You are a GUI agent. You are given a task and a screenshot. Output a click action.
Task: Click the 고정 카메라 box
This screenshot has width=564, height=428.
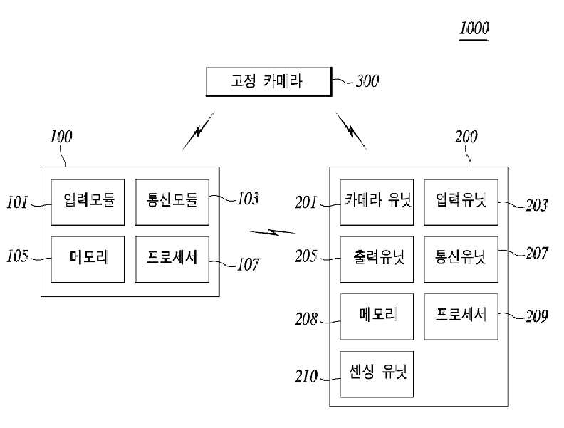click(x=268, y=82)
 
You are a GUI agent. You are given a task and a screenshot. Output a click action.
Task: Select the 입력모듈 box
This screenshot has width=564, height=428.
click(x=88, y=202)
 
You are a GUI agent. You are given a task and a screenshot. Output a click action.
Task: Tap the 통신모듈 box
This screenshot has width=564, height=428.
click(x=172, y=202)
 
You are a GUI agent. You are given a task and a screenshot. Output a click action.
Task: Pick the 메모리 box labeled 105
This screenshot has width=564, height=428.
click(x=88, y=259)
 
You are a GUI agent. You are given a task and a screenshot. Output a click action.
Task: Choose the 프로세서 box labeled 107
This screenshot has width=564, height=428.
click(x=172, y=259)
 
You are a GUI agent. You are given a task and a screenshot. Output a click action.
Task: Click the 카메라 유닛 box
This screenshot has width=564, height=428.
click(x=377, y=202)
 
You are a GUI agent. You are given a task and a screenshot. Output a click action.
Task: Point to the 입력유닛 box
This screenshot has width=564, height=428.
click(x=461, y=202)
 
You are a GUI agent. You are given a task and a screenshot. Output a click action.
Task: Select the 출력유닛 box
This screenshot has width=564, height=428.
click(x=377, y=259)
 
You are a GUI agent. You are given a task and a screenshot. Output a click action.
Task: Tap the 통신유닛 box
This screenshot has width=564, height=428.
click(x=461, y=259)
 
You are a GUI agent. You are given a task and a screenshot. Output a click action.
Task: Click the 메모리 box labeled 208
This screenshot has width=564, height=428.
click(x=377, y=316)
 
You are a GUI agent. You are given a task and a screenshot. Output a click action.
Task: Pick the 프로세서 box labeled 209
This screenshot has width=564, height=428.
click(x=461, y=316)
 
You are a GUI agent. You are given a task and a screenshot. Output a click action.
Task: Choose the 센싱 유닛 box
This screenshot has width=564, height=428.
click(x=377, y=374)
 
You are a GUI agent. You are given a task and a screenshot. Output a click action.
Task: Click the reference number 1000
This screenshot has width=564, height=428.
click(x=474, y=28)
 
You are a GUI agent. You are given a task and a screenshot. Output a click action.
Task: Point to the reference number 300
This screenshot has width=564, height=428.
click(x=367, y=81)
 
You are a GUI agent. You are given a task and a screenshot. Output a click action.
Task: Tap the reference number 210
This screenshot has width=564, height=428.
click(x=306, y=376)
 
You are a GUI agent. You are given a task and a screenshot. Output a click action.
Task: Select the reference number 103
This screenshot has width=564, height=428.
click(x=248, y=199)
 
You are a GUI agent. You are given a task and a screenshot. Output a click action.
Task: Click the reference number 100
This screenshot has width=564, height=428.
click(x=61, y=137)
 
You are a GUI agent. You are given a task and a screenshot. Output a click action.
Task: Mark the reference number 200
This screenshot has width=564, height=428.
click(x=466, y=137)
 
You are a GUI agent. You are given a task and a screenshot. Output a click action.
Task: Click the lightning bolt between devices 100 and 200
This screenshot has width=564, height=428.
click(x=272, y=233)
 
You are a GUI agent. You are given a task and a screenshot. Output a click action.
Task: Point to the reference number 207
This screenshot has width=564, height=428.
click(x=537, y=254)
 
